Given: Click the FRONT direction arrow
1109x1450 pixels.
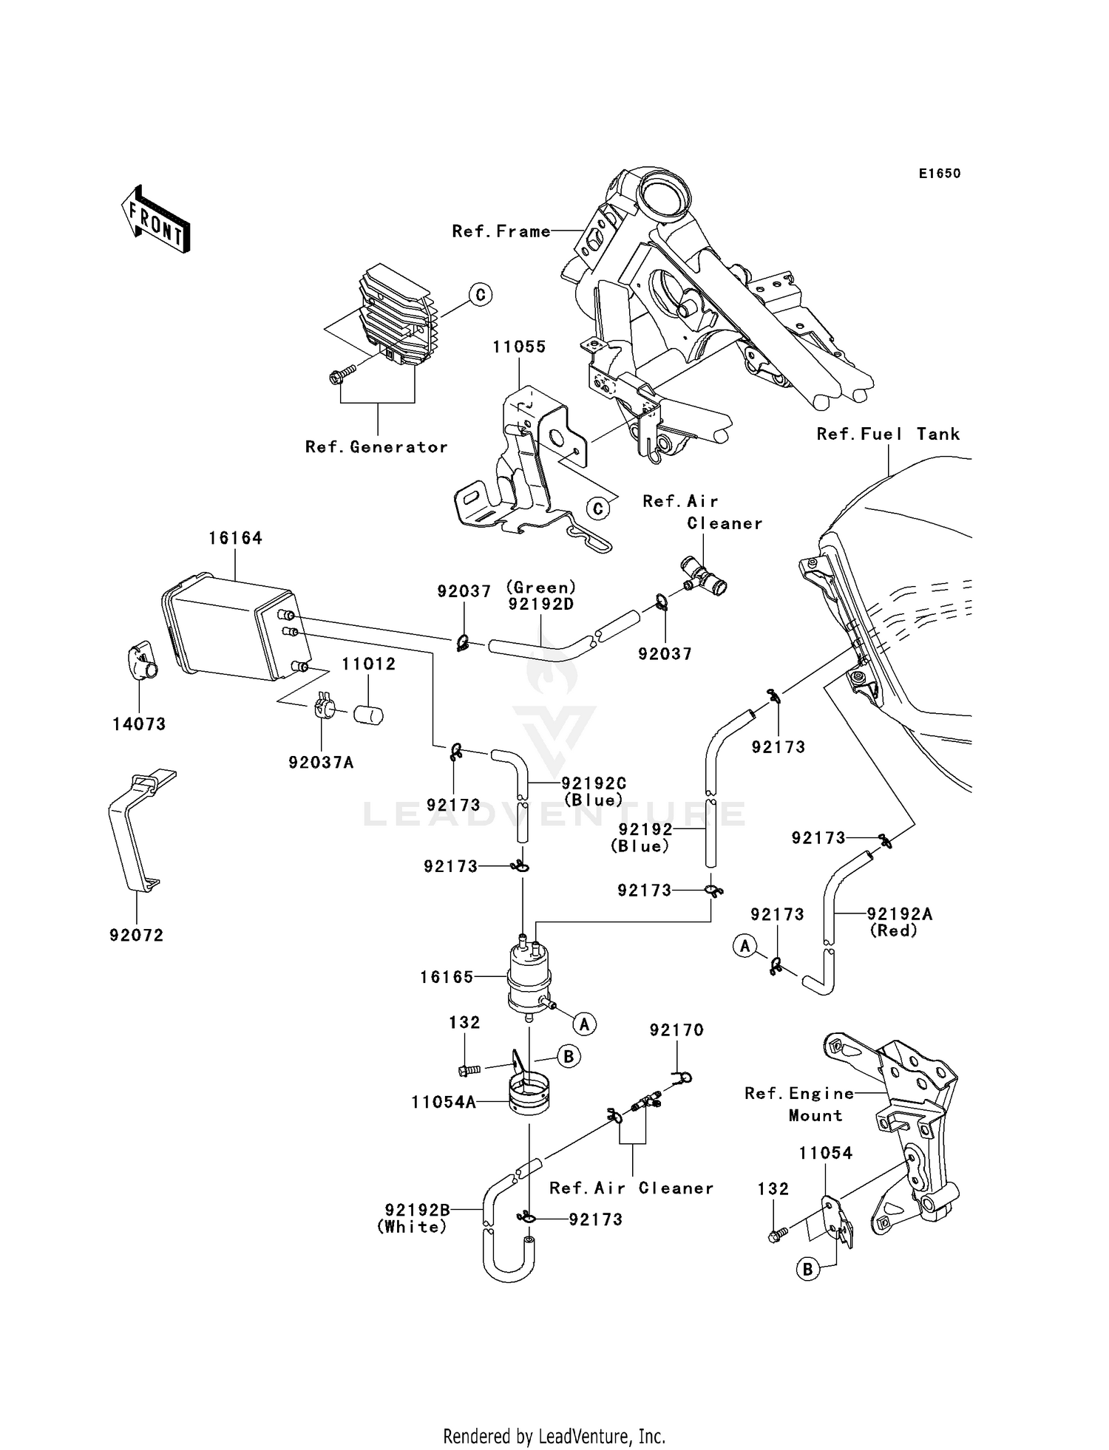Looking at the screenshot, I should pyautogui.click(x=156, y=220).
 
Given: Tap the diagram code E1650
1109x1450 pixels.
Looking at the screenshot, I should pyautogui.click(x=939, y=174).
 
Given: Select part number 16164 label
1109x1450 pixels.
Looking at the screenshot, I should pyautogui.click(x=235, y=538).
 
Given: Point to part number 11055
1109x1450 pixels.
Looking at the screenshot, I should pyautogui.click(x=519, y=347).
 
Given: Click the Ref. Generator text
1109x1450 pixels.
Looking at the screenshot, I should pyautogui.click(x=376, y=447).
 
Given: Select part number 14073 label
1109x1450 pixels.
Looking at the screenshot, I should pyautogui.click(x=139, y=724).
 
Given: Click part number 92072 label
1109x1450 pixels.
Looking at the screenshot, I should pyautogui.click(x=136, y=935).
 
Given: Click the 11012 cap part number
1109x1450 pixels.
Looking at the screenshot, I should pyautogui.click(x=368, y=664).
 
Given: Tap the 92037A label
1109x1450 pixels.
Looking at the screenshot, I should pyautogui.click(x=321, y=762).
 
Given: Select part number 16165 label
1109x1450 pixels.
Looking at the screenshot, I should pyautogui.click(x=447, y=976).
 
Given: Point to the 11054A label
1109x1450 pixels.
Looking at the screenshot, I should pyautogui.click(x=444, y=1102).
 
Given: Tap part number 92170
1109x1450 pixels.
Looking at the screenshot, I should pyautogui.click(x=676, y=1029).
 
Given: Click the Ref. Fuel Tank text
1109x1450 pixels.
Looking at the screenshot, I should pyautogui.click(x=887, y=435).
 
